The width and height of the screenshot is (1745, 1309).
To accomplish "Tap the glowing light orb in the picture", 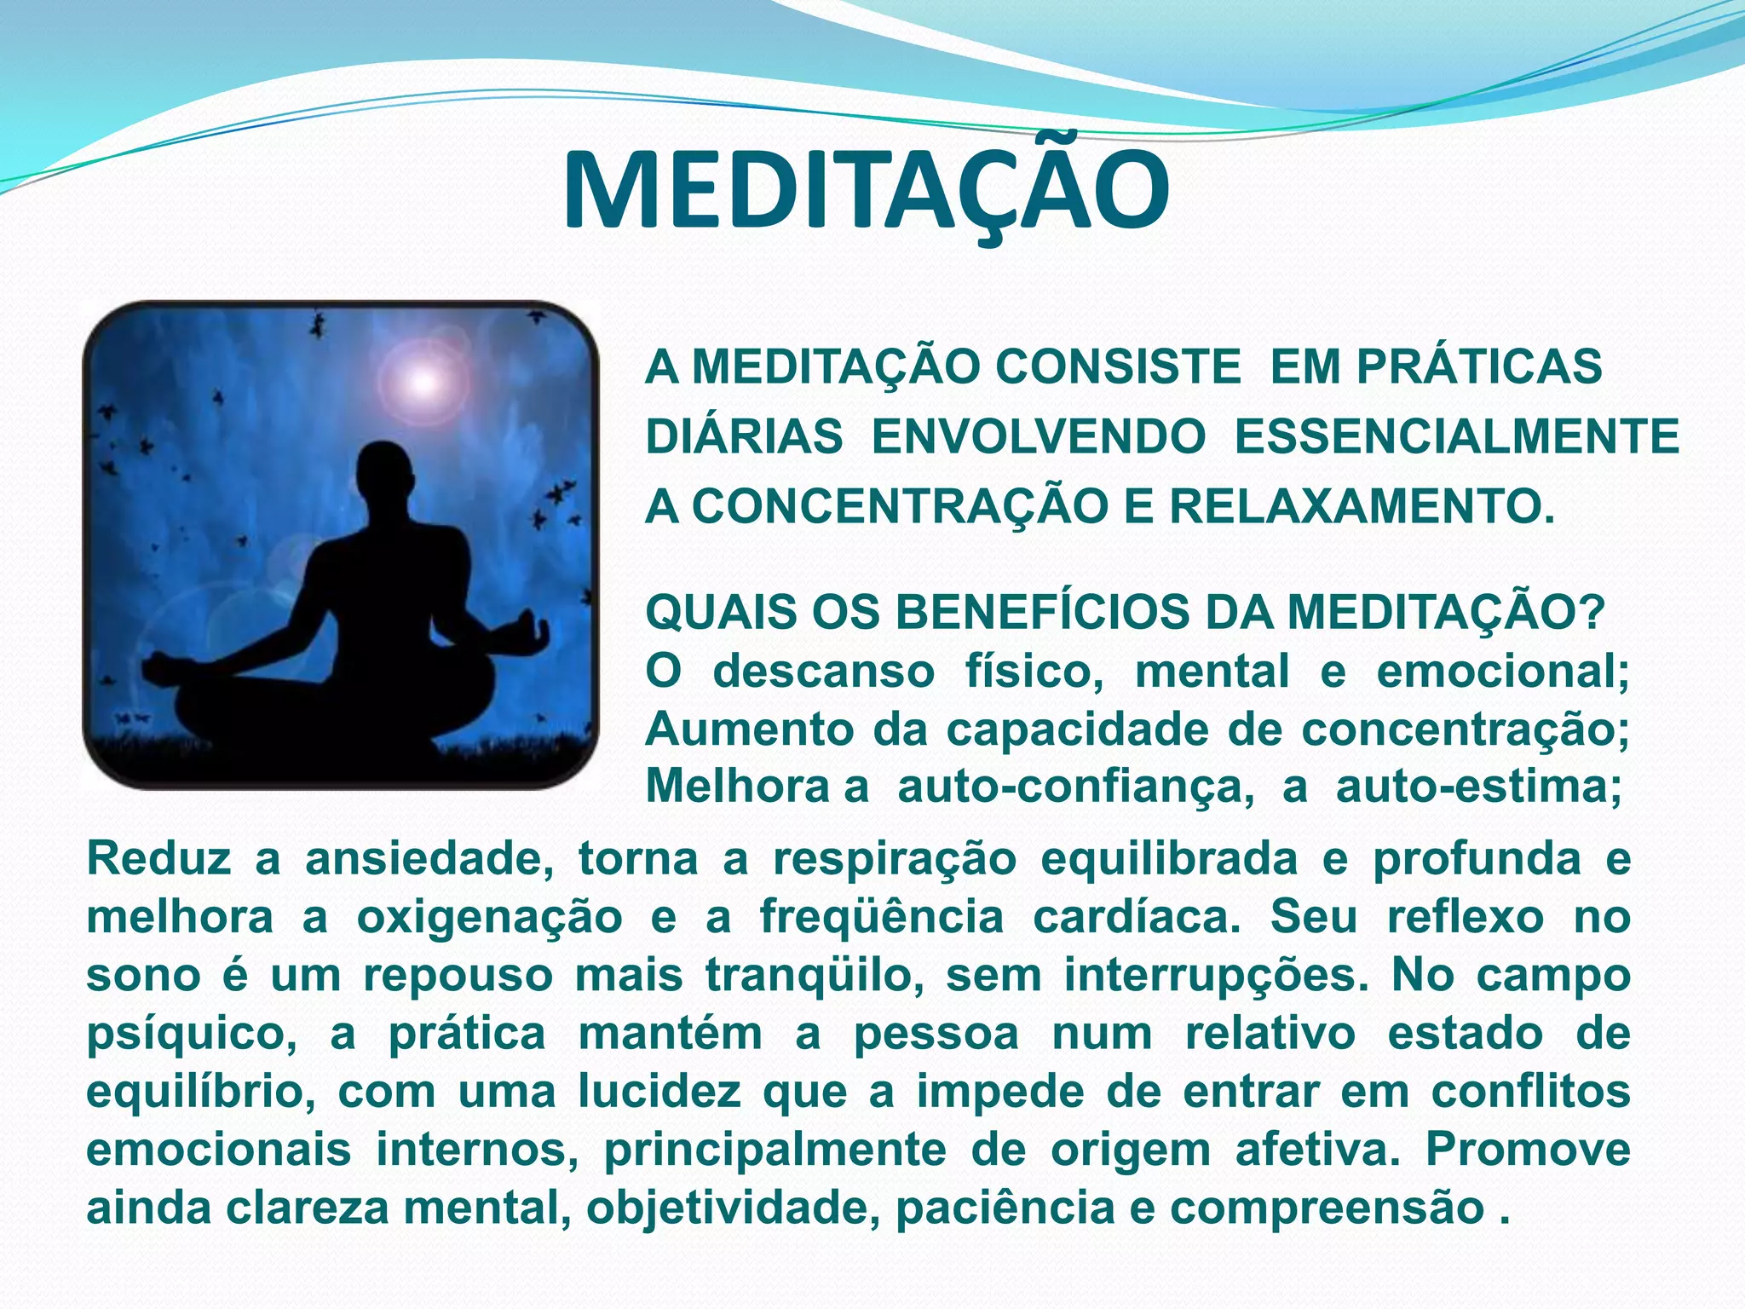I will click(421, 383).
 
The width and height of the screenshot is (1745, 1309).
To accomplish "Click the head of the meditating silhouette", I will click(384, 474).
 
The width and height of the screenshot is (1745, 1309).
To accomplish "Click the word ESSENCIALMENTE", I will click(1456, 437).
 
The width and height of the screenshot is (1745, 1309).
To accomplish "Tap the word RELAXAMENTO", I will click(1361, 507).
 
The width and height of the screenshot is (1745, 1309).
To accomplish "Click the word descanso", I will click(823, 671).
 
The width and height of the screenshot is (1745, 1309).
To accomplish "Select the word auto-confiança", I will click(1075, 786).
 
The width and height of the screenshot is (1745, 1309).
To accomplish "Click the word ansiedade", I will click(429, 858).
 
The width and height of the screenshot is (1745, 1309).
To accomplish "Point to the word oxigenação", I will click(489, 917).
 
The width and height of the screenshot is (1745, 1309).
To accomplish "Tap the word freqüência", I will click(882, 917).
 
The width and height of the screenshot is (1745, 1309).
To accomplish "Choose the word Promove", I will click(1528, 1150).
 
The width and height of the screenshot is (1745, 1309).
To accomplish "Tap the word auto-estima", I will click(1478, 786).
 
